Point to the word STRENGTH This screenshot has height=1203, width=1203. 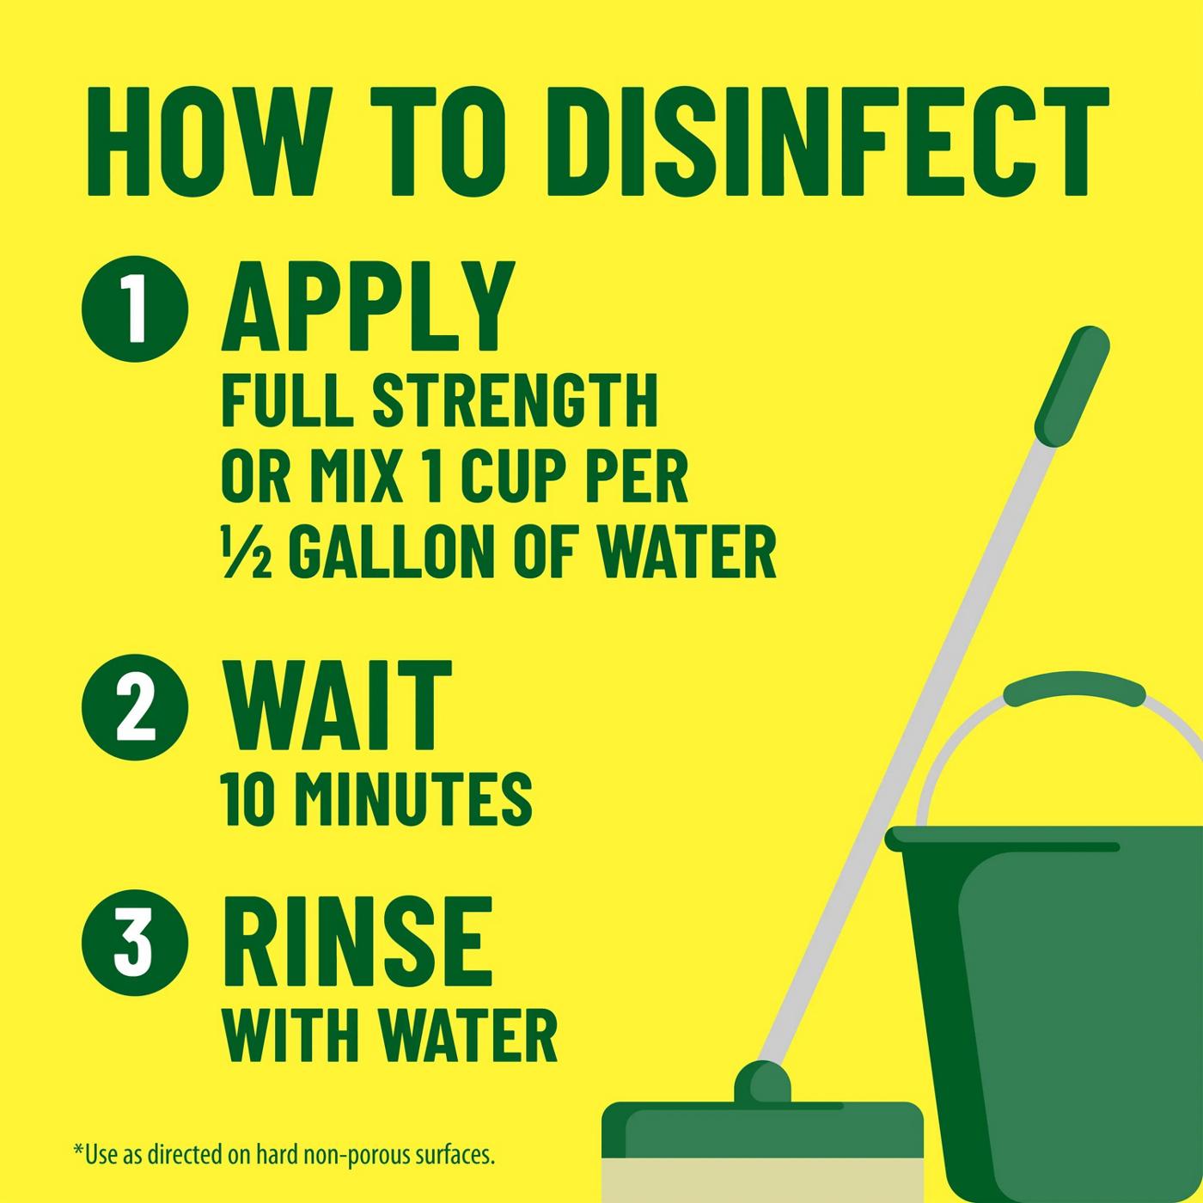(514, 400)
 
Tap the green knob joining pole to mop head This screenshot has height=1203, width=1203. (761, 1082)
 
